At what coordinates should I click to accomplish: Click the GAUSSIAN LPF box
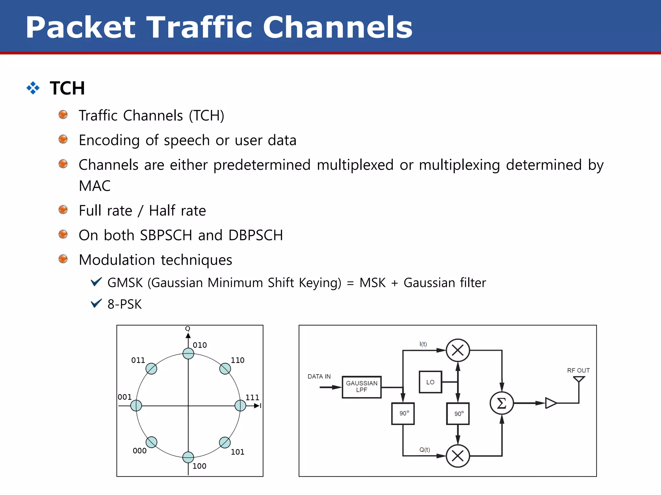[x=361, y=387]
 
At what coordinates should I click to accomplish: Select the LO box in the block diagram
[x=430, y=382]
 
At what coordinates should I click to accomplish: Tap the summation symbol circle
[x=502, y=403]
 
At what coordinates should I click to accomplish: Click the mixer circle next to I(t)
[x=458, y=350]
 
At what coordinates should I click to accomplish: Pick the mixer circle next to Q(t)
[x=458, y=456]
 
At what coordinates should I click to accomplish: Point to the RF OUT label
[x=578, y=370]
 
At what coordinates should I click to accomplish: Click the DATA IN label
[x=319, y=376]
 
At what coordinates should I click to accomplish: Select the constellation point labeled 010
[x=188, y=354]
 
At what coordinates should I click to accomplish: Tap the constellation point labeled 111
[x=240, y=405]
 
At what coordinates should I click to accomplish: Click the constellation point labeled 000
[x=151, y=442]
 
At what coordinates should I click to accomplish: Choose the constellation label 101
[x=238, y=452]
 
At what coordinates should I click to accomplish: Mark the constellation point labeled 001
[x=136, y=405]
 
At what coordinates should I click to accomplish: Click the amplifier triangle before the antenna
[x=551, y=403]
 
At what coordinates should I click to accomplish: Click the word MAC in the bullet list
[x=95, y=186]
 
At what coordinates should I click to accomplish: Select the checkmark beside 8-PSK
[x=96, y=303]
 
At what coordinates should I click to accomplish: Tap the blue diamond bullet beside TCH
[x=33, y=88]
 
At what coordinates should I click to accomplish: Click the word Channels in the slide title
[x=338, y=27]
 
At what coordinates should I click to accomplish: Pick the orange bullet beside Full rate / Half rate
[x=63, y=210]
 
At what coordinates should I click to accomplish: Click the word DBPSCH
[x=256, y=235]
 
